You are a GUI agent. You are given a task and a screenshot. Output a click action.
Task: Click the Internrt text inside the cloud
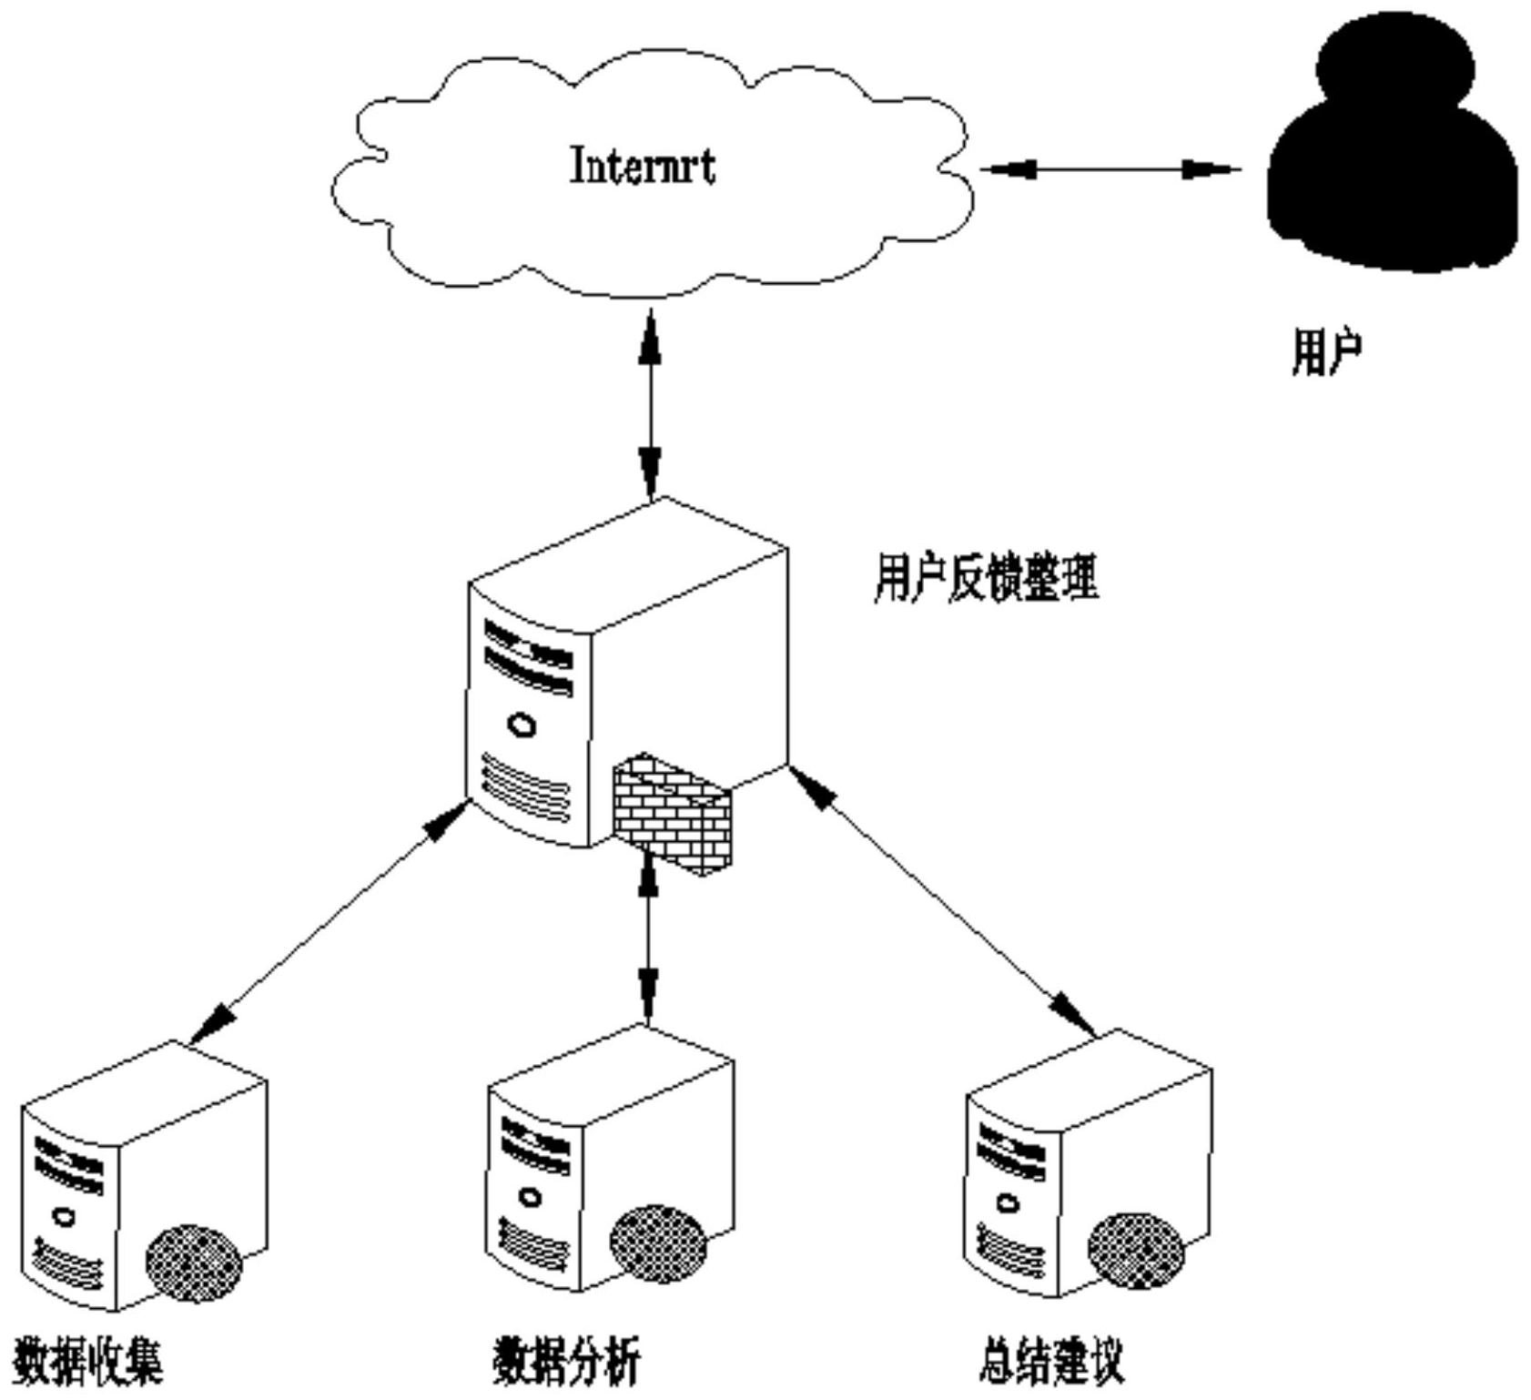tap(642, 167)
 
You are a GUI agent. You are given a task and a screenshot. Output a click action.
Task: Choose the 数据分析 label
tap(566, 1363)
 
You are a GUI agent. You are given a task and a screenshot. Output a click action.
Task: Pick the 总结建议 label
tap(1051, 1363)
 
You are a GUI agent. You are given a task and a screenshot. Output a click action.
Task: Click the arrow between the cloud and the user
tap(1110, 169)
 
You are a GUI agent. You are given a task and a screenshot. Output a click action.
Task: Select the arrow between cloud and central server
tap(650, 405)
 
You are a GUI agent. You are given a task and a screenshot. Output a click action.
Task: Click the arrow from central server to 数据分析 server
tap(647, 938)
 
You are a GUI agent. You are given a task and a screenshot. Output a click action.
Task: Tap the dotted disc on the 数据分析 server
tap(658, 1244)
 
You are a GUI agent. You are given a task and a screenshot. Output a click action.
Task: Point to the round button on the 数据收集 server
tap(64, 1216)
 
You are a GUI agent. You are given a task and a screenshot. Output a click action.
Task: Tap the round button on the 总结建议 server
tap(1008, 1204)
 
